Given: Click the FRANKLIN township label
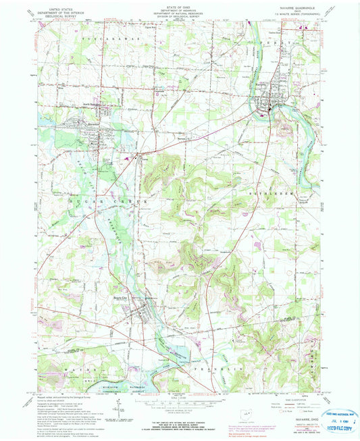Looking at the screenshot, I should click(203, 372).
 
